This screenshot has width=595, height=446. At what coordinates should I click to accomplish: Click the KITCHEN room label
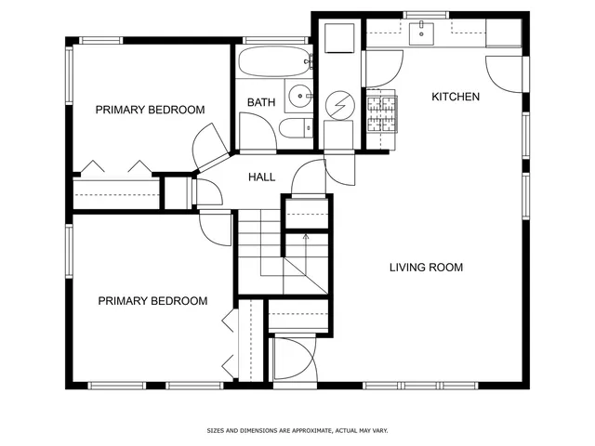tap(456, 97)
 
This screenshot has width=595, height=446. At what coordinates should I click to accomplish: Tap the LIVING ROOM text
tap(426, 268)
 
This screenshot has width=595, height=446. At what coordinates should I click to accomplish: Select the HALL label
tap(261, 177)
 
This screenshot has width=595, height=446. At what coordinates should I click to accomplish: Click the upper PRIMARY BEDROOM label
tap(150, 110)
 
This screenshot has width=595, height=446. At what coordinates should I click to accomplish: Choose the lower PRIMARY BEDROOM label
tap(152, 301)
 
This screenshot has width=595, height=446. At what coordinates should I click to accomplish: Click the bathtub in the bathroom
tap(272, 63)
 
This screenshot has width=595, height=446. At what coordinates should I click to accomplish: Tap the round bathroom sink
tap(299, 95)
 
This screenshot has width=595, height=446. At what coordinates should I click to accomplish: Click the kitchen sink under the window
tap(422, 33)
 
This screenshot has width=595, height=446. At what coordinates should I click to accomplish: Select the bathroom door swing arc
tap(258, 132)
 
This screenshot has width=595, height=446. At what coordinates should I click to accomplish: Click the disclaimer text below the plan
tap(297, 430)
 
